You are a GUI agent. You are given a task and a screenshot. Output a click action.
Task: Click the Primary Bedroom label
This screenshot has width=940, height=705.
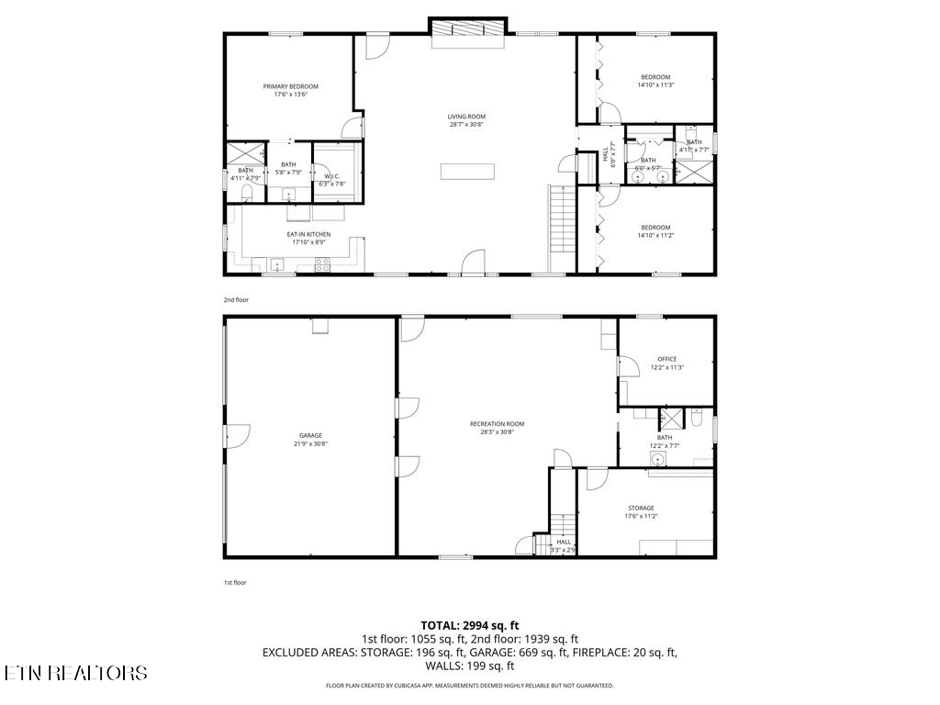(x=290, y=86)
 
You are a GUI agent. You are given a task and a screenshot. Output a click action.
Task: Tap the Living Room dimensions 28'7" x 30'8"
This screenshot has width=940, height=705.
(x=466, y=125)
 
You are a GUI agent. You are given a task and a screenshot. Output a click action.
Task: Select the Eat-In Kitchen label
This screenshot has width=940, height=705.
(x=308, y=234)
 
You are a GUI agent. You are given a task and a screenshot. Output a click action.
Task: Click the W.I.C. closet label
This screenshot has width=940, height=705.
(x=331, y=176)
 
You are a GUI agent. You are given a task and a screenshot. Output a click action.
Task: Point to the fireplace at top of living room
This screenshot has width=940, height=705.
(x=467, y=28)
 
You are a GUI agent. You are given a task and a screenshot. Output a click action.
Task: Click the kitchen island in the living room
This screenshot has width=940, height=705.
(x=467, y=171)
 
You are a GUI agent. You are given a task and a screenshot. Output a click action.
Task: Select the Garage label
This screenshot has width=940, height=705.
(x=310, y=435)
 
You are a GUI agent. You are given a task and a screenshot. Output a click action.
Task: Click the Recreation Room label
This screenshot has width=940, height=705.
(x=497, y=423)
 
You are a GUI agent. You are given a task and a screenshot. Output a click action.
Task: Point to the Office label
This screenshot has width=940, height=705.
(x=666, y=359)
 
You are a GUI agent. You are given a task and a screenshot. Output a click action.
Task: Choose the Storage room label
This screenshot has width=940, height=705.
(x=641, y=508)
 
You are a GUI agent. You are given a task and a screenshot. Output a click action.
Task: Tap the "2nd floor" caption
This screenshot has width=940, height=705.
(x=236, y=300)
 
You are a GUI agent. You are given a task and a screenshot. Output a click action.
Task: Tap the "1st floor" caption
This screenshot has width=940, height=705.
(x=235, y=582)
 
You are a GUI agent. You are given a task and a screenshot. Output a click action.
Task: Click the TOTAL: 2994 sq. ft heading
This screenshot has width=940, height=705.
(x=469, y=625)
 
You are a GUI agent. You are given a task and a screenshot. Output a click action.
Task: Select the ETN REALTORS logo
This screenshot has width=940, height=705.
(x=75, y=673)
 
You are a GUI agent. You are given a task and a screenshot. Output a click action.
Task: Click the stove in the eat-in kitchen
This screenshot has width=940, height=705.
(x=323, y=264)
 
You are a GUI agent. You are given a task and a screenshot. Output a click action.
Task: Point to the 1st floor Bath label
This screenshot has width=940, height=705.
(x=664, y=438)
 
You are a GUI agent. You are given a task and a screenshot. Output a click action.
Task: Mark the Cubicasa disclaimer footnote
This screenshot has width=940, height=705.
(x=469, y=686)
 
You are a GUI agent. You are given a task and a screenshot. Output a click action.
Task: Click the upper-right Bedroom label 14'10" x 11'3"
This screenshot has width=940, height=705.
(x=655, y=77)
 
